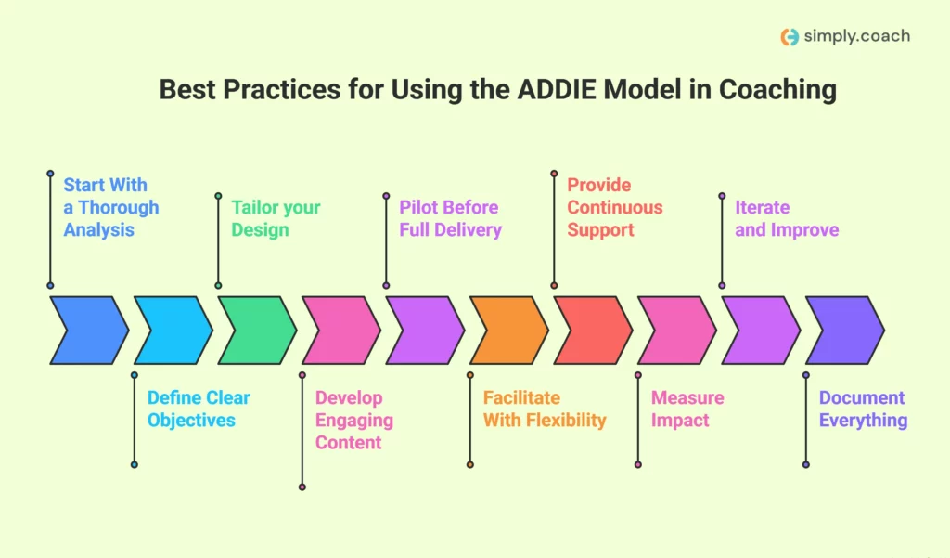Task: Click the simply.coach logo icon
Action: click(790, 37)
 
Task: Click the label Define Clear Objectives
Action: click(199, 409)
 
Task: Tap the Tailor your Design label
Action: click(276, 218)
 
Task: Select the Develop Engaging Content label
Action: click(353, 420)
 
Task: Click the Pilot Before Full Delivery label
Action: click(450, 218)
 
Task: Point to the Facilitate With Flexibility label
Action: click(544, 409)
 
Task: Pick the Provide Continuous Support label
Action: click(614, 207)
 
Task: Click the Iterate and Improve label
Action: click(786, 218)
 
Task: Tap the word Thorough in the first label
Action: click(119, 207)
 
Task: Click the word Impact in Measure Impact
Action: click(679, 421)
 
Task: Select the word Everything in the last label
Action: click(863, 421)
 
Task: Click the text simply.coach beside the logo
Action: click(857, 36)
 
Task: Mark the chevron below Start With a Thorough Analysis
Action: click(89, 331)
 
